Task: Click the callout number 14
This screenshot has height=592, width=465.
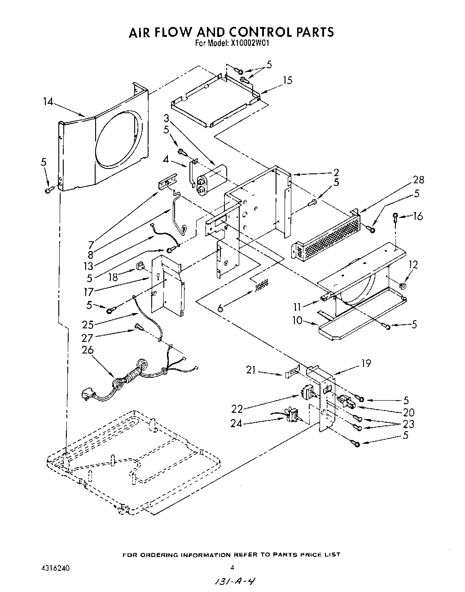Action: (x=48, y=102)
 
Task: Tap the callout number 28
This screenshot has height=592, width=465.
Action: (x=418, y=180)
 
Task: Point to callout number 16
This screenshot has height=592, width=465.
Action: (x=418, y=216)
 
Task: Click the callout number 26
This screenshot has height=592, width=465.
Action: (x=88, y=350)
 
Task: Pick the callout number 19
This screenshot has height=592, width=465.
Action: (x=366, y=363)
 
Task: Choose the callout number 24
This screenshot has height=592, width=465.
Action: (x=236, y=423)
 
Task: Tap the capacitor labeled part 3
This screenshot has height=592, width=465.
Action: (x=210, y=179)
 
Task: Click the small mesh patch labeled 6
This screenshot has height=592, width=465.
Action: (x=262, y=284)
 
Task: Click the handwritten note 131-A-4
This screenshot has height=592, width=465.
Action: (x=232, y=581)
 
